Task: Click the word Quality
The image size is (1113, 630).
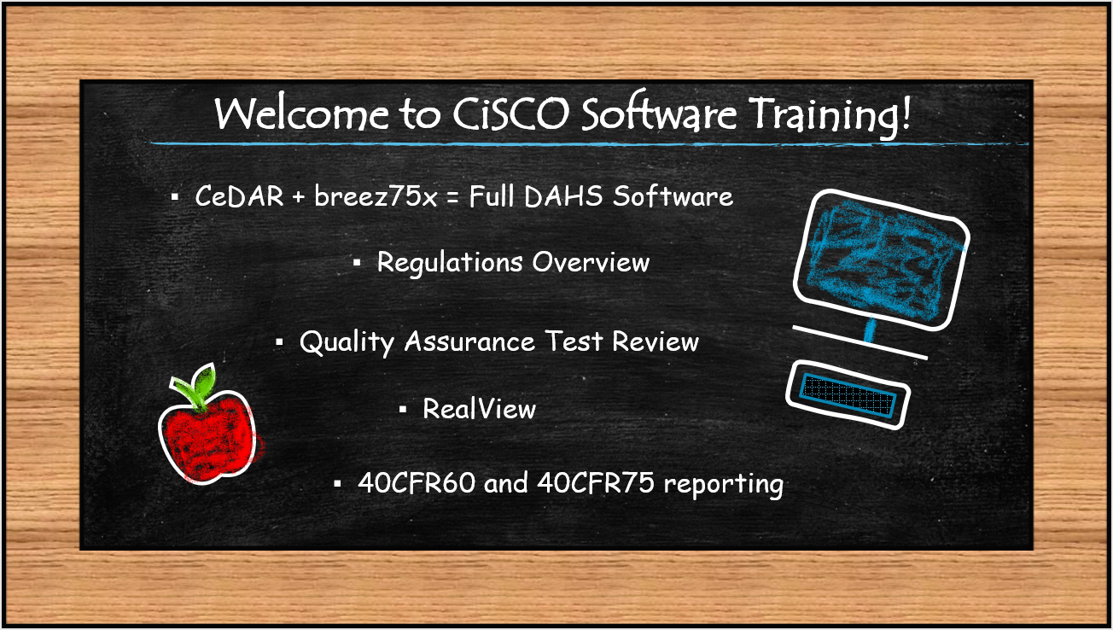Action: point(347,342)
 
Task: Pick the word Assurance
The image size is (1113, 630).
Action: point(469,342)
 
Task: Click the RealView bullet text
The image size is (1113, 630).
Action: point(479,410)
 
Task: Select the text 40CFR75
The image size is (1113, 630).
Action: point(596,484)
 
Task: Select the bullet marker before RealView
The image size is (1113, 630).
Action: point(403,411)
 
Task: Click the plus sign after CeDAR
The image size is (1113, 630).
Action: point(298,197)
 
